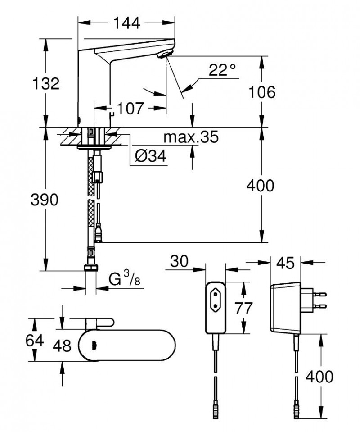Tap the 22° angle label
tap(222, 70)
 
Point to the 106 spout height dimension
tap(262, 92)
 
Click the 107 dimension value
tap(130, 108)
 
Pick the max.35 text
tap(191, 137)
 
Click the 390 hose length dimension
tap(45, 200)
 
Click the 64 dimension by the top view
tap(35, 340)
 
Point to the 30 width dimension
tap(180, 261)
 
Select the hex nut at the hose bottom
tap(91, 267)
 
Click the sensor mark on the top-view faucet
tap(94, 346)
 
